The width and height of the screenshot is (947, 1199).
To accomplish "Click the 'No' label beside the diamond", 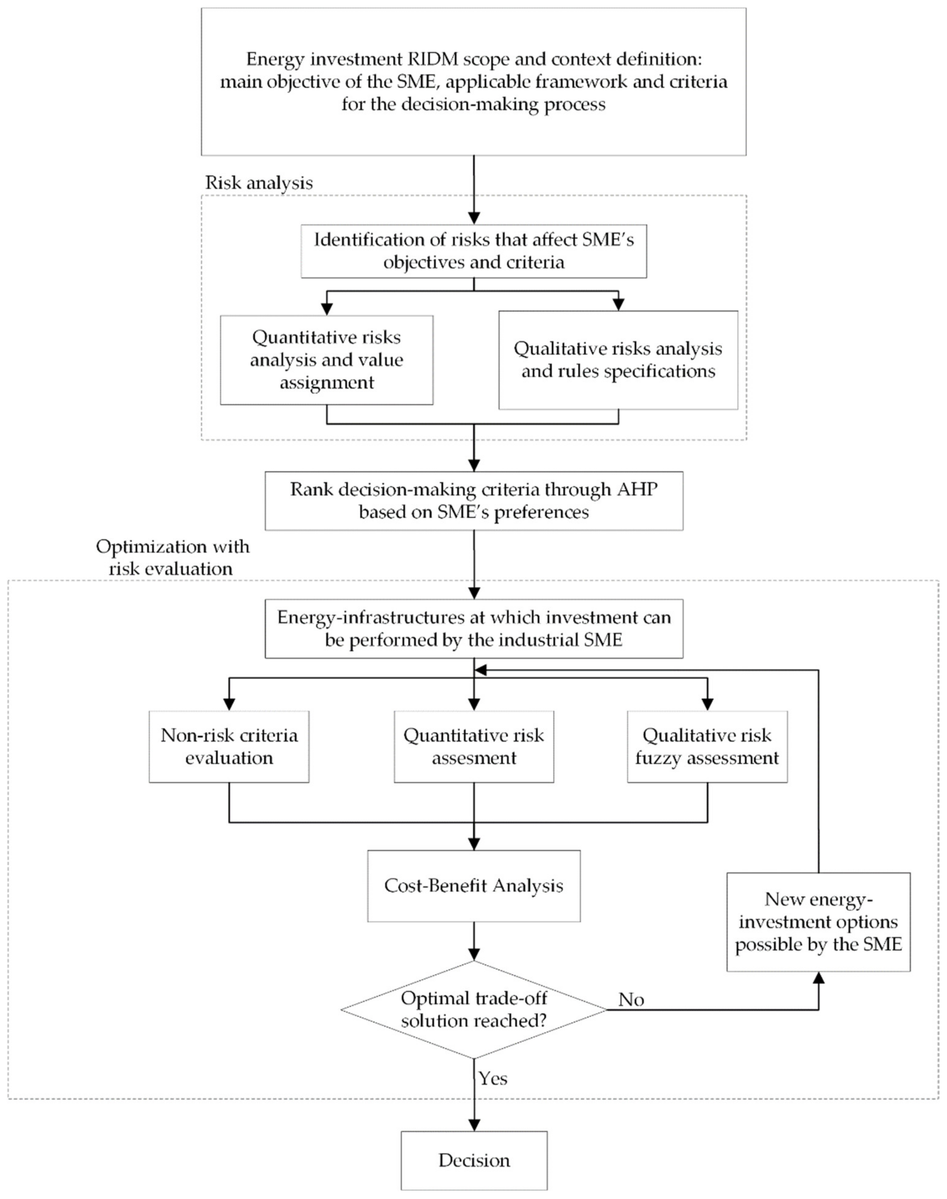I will coord(631,1000).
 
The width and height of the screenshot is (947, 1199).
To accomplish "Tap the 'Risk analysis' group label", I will coord(259,183).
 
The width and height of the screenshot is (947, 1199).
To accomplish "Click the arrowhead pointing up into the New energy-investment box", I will coord(818,979).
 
